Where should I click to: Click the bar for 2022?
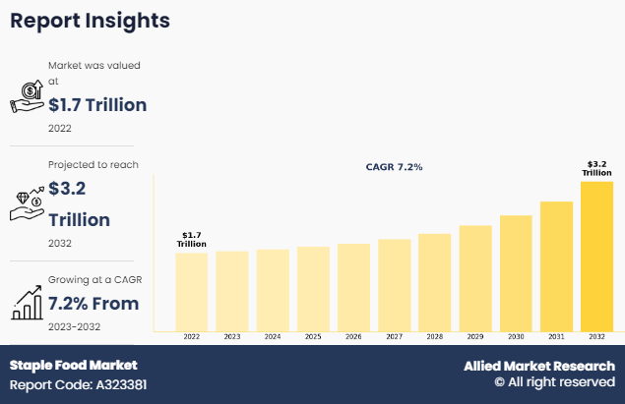tap(191, 291)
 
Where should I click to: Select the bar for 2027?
tap(394, 284)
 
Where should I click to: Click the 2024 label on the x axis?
tap(273, 336)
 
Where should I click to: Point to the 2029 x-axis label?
tap(475, 336)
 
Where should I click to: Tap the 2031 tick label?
tap(556, 336)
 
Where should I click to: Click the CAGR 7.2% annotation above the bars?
tap(394, 167)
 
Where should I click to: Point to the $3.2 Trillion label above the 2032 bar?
tap(596, 167)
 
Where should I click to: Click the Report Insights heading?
tap(90, 21)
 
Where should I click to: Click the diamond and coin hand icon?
tap(27, 203)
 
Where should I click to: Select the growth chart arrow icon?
tap(27, 300)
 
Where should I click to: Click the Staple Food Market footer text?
tap(74, 365)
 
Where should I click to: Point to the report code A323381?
tap(79, 384)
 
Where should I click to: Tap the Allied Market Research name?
tap(539, 366)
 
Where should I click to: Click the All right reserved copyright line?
tap(554, 382)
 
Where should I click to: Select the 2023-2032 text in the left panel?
tap(74, 326)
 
